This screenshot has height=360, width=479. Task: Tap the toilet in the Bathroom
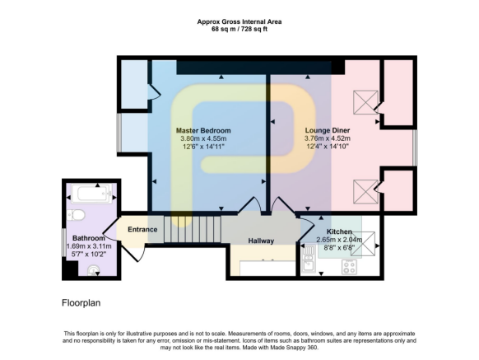click(x=77, y=216)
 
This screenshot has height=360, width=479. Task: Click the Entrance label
click(x=142, y=229)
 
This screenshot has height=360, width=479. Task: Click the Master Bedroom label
click(x=203, y=130)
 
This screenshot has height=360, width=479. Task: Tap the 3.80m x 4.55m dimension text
click(x=203, y=138)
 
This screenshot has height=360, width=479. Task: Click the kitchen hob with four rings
click(x=349, y=266)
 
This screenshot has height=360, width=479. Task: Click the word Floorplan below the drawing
click(x=81, y=303)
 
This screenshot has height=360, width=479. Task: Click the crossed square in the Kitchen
click(x=368, y=243)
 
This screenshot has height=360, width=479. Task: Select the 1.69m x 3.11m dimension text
click(x=89, y=246)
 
